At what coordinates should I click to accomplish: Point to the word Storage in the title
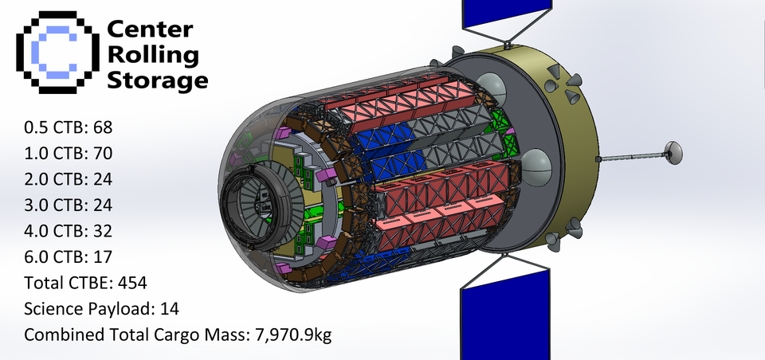(x=157, y=80)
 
